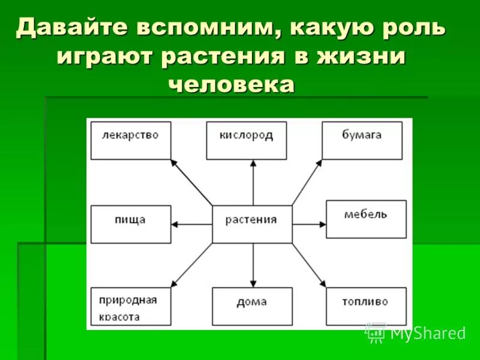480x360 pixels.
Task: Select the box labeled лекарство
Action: (130, 140)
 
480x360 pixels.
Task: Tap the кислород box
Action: (246, 140)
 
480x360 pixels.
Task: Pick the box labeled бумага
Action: (362, 140)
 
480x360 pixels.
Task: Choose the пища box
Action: (130, 224)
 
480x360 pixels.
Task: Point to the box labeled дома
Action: (252, 306)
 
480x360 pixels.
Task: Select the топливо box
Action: (366, 306)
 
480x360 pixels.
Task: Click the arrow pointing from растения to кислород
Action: (253, 183)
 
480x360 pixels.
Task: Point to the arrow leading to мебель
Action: (309, 224)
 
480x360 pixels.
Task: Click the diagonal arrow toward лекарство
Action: (191, 181)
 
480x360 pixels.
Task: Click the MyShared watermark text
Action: (427, 333)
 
